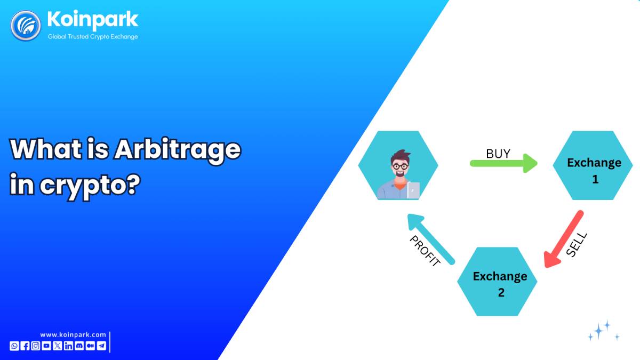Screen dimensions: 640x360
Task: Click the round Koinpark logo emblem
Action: pyautogui.click(x=26, y=26)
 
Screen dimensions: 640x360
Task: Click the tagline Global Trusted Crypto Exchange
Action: pyautogui.click(x=93, y=37)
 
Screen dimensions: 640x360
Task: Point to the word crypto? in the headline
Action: pyautogui.click(x=90, y=186)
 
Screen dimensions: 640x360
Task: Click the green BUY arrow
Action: pyautogui.click(x=503, y=163)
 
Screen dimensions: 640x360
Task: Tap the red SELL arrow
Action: pyautogui.click(x=563, y=239)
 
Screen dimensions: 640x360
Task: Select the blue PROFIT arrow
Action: pyautogui.click(x=431, y=239)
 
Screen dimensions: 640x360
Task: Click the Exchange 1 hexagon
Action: pyautogui.click(x=593, y=165)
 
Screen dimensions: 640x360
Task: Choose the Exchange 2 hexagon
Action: pyautogui.click(x=497, y=282)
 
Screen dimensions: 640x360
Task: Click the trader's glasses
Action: pyautogui.click(x=401, y=166)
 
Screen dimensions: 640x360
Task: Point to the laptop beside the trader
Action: pyautogui.click(x=413, y=190)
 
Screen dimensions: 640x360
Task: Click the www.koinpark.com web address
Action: pyautogui.click(x=73, y=334)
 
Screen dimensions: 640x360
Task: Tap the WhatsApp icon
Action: pyautogui.click(x=14, y=346)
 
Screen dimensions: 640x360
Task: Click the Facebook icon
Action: pyautogui.click(x=25, y=346)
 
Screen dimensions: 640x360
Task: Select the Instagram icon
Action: pyautogui.click(x=36, y=346)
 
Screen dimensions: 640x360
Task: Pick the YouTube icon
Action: pyautogui.click(x=46, y=346)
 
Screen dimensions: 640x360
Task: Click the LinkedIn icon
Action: pyautogui.click(x=69, y=346)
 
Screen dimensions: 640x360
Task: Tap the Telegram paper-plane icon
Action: pyautogui.click(x=101, y=346)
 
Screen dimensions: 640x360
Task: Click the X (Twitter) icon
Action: pyautogui.click(x=58, y=346)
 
